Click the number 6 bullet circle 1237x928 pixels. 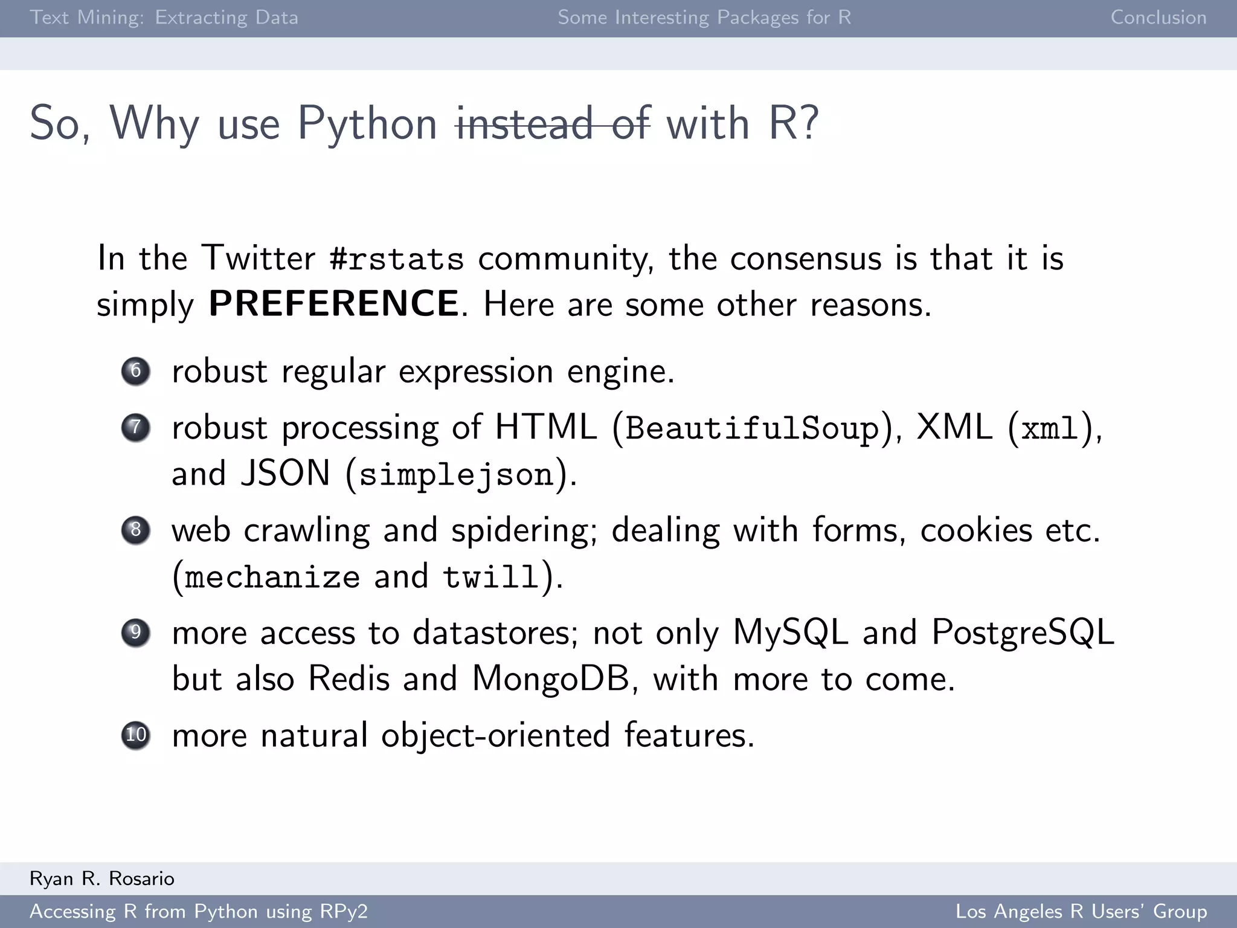pos(135,370)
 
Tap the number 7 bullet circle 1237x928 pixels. pos(135,427)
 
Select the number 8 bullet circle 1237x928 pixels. pos(135,530)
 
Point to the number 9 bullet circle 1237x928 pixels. pos(135,633)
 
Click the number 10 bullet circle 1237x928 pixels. pos(135,735)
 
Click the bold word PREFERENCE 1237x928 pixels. pos(333,303)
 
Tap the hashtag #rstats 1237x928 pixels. pos(397,259)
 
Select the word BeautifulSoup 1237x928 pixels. pos(752,428)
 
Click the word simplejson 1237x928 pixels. pos(457,474)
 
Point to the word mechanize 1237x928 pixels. pos(272,577)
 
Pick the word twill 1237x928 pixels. pos(490,577)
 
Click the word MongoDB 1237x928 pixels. pos(551,678)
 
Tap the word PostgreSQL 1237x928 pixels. pos(1023,633)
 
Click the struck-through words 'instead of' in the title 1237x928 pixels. pos(553,123)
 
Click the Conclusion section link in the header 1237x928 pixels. pos(1158,18)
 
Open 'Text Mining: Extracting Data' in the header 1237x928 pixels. pos(164,18)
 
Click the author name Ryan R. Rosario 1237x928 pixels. pos(102,878)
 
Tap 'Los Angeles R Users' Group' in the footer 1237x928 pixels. pos(1081,911)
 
